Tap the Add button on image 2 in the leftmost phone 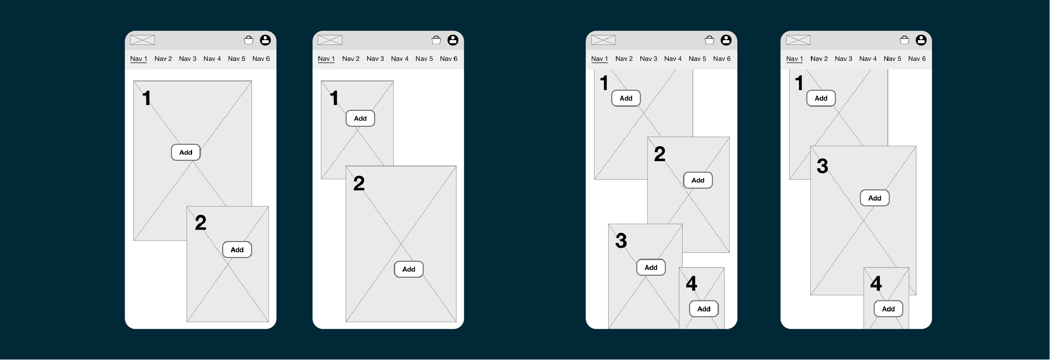coord(237,250)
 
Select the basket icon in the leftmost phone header coord(249,40)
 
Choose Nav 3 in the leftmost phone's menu coord(188,59)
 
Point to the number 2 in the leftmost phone coord(200,223)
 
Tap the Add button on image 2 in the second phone coord(408,270)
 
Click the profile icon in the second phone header coord(453,40)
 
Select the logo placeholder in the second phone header coord(330,40)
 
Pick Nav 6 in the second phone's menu coord(448,59)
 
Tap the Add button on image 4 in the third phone coord(703,309)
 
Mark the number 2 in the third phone coord(660,154)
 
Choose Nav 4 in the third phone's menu coord(673,59)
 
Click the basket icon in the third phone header coord(709,40)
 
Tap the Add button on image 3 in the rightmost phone coord(875,198)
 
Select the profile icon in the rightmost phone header coord(921,40)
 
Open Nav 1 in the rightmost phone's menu coord(794,59)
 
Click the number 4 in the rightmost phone coord(876,284)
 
